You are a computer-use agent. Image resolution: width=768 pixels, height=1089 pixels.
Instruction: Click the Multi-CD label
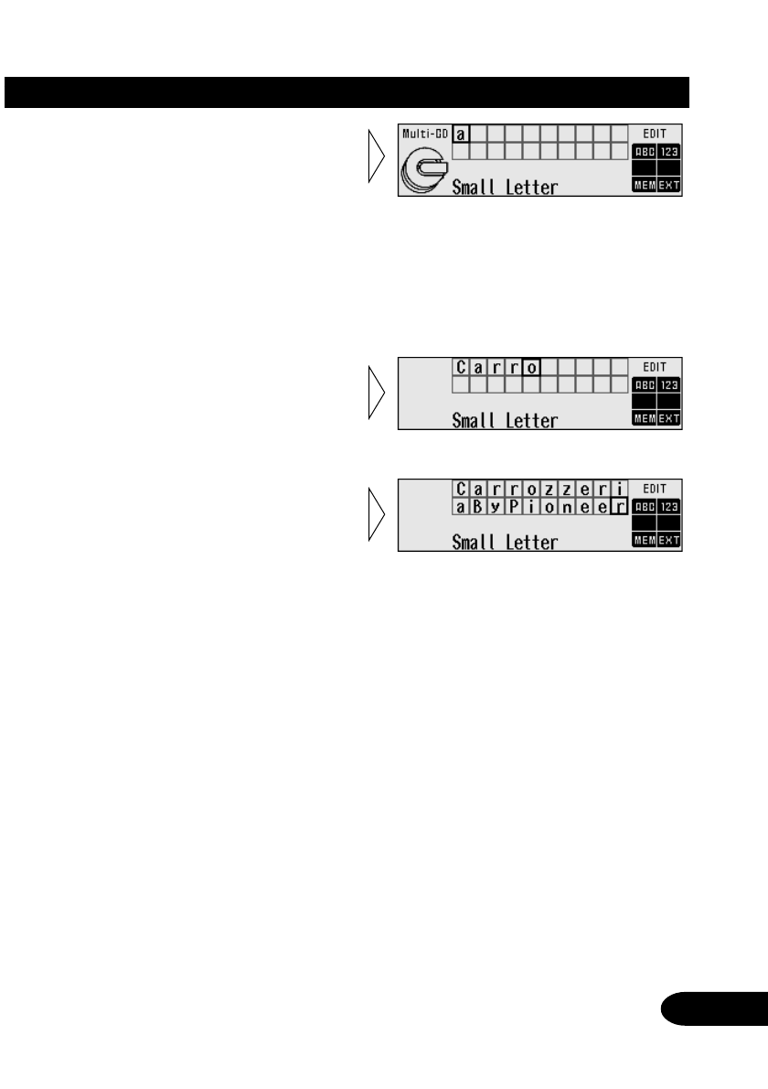coord(426,134)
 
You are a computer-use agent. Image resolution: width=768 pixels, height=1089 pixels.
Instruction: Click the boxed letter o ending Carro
coord(534,368)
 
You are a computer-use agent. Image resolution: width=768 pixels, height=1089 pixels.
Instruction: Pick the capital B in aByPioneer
coord(478,506)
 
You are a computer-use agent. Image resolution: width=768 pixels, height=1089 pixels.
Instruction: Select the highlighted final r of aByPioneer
coord(619,506)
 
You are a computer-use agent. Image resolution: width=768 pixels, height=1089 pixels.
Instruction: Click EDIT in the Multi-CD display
coord(656,134)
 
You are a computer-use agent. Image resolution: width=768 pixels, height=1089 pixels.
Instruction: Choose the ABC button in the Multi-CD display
coord(643,151)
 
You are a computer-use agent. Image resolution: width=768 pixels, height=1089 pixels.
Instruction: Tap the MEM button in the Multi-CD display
coord(643,186)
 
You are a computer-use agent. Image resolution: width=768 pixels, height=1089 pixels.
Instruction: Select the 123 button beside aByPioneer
coord(669,506)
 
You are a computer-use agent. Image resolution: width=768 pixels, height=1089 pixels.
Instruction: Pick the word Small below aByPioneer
coord(475,542)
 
